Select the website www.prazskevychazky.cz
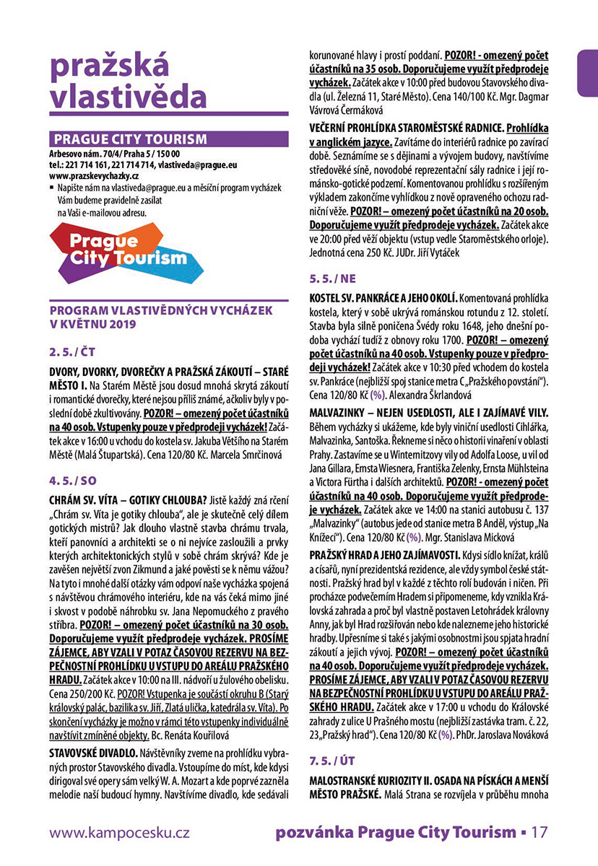[94, 175]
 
